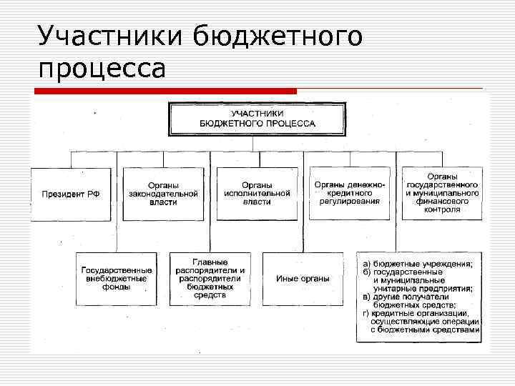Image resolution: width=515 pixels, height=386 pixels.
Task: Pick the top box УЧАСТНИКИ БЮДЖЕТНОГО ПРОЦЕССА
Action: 257,119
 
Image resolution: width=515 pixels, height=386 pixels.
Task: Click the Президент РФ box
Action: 71,194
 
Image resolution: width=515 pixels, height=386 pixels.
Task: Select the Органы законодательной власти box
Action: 163,194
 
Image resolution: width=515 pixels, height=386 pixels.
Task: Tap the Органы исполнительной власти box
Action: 257,194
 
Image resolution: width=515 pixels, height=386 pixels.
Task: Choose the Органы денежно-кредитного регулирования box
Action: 349,194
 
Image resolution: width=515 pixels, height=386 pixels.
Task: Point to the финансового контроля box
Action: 443,194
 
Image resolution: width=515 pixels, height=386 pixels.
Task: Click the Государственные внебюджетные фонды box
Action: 117,279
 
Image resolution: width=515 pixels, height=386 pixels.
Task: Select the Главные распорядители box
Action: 210,279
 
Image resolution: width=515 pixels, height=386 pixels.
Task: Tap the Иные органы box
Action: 303,279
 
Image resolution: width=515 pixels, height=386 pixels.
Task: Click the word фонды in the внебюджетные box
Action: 117,287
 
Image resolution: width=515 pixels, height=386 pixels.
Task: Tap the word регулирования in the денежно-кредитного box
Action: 349,202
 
